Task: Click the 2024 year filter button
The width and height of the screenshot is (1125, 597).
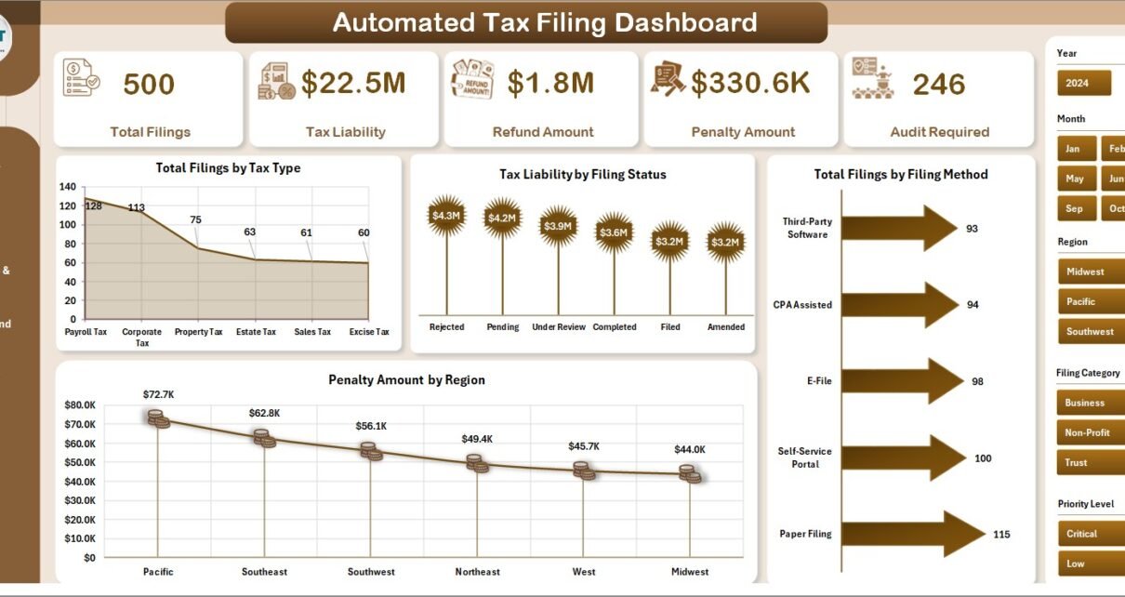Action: pyautogui.click(x=1084, y=83)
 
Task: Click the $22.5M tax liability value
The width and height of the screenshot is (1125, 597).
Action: pyautogui.click(x=353, y=83)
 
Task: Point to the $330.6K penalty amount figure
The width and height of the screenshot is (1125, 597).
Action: pyautogui.click(x=750, y=83)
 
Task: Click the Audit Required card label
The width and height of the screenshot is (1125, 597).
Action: pyautogui.click(x=939, y=132)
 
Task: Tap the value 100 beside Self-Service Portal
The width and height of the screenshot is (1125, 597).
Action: pyautogui.click(x=983, y=458)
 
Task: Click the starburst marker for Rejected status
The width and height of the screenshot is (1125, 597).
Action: pyautogui.click(x=446, y=216)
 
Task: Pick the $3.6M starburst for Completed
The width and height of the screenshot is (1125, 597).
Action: pyautogui.click(x=614, y=232)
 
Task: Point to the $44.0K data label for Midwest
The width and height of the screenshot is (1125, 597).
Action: pyautogui.click(x=690, y=449)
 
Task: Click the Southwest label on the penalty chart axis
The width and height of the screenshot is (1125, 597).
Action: pyautogui.click(x=371, y=572)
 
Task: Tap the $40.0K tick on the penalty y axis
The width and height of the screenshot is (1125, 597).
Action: pyautogui.click(x=79, y=482)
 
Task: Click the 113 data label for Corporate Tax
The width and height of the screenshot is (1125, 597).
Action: pyautogui.click(x=136, y=207)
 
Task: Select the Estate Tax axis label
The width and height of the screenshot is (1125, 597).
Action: pyautogui.click(x=256, y=332)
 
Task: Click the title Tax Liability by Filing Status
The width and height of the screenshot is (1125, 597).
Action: pyautogui.click(x=582, y=174)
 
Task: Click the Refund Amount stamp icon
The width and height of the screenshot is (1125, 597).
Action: pyautogui.click(x=472, y=80)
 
